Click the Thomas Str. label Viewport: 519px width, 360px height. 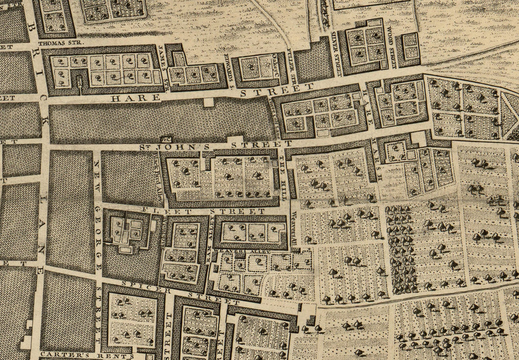click(x=60, y=43)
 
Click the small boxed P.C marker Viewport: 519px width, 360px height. click(x=167, y=138)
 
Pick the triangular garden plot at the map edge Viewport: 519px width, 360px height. click(x=510, y=115)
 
